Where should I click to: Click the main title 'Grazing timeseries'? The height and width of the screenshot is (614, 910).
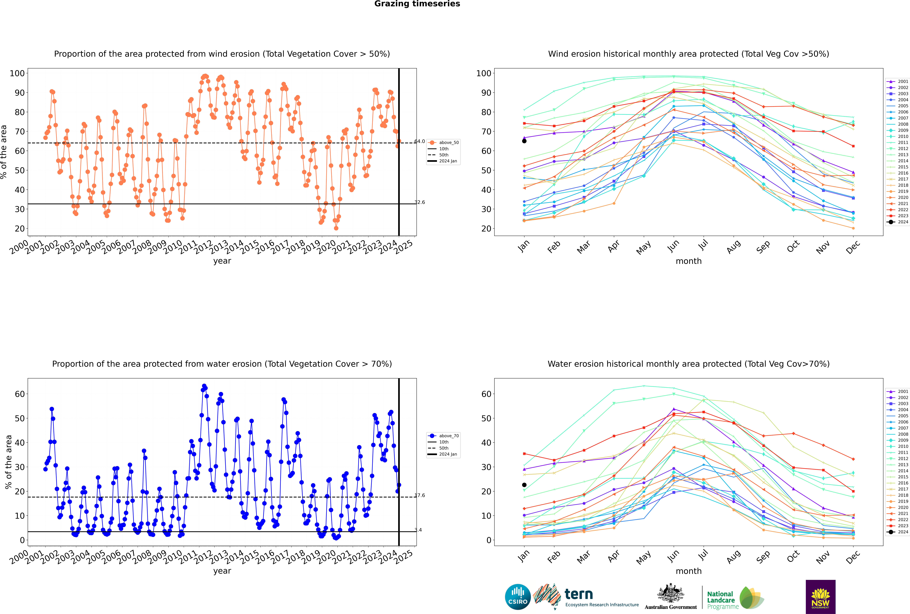tap(417, 4)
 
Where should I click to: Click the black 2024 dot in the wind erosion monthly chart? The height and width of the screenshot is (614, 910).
tap(524, 141)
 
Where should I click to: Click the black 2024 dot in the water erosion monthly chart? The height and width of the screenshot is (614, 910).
tap(524, 485)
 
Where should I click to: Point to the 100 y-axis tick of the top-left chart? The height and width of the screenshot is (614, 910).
tap(17, 73)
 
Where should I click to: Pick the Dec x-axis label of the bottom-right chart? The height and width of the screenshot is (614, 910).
tap(853, 556)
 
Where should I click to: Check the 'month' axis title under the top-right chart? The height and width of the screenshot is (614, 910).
tap(689, 261)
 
